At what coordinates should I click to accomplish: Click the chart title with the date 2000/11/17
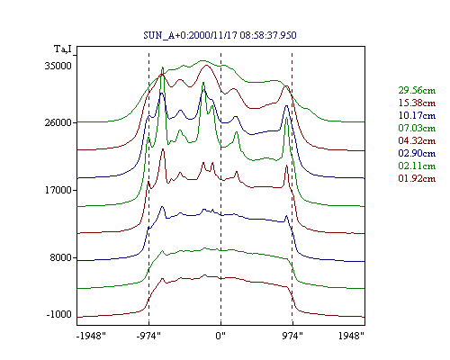[x=220, y=35]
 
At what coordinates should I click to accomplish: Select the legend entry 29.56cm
[x=417, y=90]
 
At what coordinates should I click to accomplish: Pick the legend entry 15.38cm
[x=417, y=103]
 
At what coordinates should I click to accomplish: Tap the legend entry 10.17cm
[x=417, y=115]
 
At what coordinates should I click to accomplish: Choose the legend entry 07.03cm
[x=417, y=128]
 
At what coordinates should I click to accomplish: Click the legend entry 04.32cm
[x=417, y=140]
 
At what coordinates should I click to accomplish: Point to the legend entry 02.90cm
[x=417, y=153]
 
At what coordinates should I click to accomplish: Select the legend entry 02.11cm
[x=417, y=166]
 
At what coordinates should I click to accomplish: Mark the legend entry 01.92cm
[x=417, y=178]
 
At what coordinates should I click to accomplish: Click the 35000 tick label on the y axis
[x=58, y=66]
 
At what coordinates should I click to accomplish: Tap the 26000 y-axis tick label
[x=58, y=122]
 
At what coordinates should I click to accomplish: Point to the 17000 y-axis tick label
[x=58, y=190]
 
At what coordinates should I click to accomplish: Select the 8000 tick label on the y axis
[x=61, y=257]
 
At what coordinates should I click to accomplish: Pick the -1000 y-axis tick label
[x=59, y=314]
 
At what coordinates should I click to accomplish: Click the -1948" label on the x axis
[x=91, y=336]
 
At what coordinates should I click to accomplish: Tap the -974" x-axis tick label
[x=148, y=336]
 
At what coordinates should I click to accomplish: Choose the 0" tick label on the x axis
[x=220, y=336]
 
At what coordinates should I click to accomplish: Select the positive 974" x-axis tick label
[x=292, y=336]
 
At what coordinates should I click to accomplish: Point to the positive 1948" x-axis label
[x=351, y=336]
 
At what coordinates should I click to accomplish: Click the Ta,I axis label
[x=63, y=49]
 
